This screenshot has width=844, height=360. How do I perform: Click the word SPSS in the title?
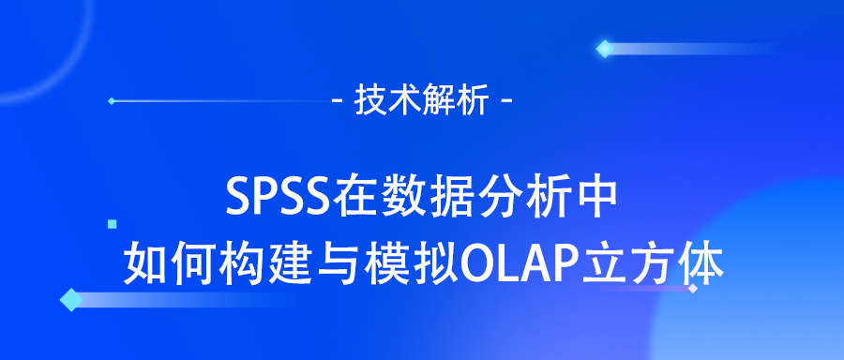tap(273, 196)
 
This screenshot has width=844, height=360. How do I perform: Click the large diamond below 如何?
tap(70, 300)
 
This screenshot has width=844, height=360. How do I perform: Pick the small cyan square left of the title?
tap(113, 224)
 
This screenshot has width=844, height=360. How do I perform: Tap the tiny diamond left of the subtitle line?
tap(112, 100)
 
